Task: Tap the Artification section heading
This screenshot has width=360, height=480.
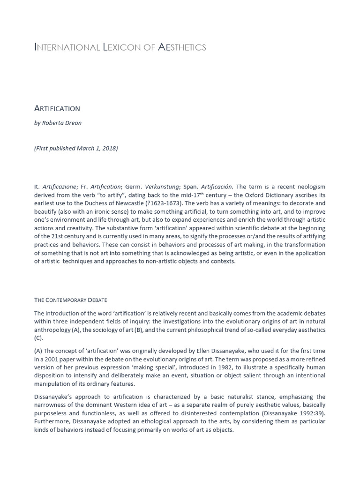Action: coord(57,108)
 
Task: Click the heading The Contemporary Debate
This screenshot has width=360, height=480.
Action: coord(71,300)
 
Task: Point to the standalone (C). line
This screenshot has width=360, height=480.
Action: coord(38,337)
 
